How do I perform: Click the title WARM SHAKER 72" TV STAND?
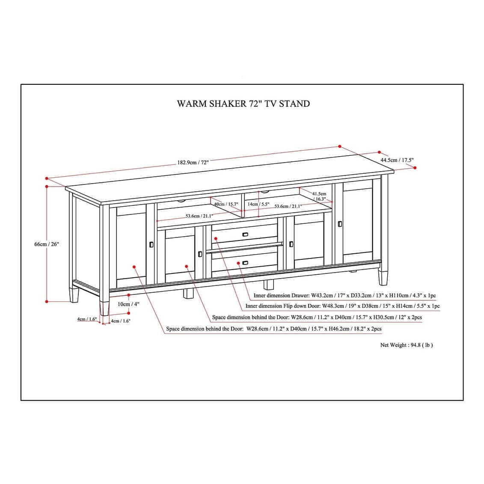click(x=243, y=104)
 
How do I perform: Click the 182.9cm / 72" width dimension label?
click(x=193, y=163)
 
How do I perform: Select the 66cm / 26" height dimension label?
click(x=47, y=244)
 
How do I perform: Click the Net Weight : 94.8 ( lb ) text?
click(x=406, y=345)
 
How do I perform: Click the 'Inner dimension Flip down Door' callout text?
click(x=342, y=306)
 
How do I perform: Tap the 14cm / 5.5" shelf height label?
click(x=258, y=204)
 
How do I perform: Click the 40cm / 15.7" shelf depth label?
click(x=226, y=204)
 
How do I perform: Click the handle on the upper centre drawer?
click(x=245, y=234)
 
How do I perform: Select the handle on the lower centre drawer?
click(x=245, y=263)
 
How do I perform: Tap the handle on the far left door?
click(x=151, y=244)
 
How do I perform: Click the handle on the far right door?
click(x=340, y=223)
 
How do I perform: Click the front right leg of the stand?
click(x=383, y=276)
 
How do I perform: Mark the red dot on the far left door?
click(x=134, y=267)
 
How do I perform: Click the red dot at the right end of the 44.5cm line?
click(x=415, y=168)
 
